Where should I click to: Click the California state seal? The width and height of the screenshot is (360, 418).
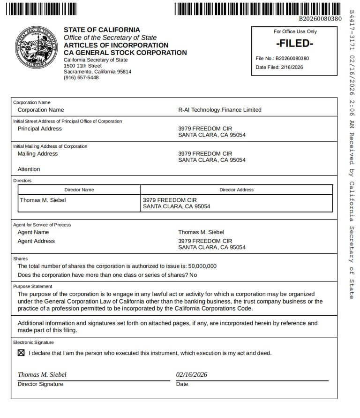tap(37, 48)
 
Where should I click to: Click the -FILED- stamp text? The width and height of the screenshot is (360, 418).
tap(294, 44)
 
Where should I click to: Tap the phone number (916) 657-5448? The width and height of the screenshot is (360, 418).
tap(81, 78)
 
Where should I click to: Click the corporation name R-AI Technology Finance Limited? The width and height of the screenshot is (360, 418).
tap(219, 110)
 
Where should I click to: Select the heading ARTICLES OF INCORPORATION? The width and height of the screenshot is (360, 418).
tap(116, 46)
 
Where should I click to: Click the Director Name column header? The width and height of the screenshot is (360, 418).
tap(79, 190)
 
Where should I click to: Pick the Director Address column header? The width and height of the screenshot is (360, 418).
tap(236, 190)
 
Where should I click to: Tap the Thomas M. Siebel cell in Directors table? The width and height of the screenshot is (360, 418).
tap(43, 200)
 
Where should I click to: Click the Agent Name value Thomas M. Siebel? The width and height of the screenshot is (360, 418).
tap(201, 232)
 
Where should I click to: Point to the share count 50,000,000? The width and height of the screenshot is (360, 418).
tap(202, 266)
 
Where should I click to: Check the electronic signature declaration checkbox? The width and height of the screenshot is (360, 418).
tap(21, 353)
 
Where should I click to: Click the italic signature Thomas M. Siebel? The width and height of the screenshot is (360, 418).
tap(42, 374)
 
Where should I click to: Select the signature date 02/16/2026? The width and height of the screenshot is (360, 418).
tap(191, 374)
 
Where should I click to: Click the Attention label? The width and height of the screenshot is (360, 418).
tap(29, 169)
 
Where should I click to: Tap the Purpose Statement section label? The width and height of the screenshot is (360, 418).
tap(33, 286)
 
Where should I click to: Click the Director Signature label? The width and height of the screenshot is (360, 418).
tap(40, 384)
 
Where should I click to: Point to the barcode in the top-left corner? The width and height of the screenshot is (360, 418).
tap(42, 9)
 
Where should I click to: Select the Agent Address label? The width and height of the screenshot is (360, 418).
tap(36, 241)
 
